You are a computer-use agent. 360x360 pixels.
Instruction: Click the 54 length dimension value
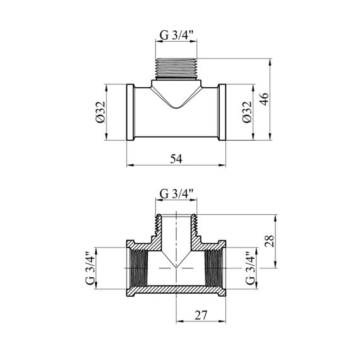pos(176,159)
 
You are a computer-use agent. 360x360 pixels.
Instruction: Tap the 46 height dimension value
pos(265,99)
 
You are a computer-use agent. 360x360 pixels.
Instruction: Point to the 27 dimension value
pos(201,315)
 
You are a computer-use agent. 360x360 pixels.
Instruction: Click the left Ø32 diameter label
pos(100,112)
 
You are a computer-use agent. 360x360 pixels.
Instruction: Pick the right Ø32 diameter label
pos(248,112)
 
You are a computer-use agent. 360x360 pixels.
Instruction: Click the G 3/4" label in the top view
pos(176,35)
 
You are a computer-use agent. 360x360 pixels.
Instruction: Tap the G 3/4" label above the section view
pos(176,195)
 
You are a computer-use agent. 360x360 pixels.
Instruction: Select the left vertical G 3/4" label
pos(90,268)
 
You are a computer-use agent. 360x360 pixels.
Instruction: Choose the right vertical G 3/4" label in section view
pos(250,268)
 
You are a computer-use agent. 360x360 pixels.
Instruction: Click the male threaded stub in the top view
pos(176,68)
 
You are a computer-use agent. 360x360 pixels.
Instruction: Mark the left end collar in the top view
pos(130,112)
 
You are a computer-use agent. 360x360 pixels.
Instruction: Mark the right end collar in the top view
pos(222,112)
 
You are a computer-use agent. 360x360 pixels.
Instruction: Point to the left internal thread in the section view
pos(138,268)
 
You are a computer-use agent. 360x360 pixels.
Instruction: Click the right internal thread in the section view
pos(213,268)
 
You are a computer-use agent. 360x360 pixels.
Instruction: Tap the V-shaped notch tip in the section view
pos(176,268)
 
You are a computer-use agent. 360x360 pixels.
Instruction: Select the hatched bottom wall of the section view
pos(176,290)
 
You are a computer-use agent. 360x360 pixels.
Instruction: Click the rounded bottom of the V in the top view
pos(176,107)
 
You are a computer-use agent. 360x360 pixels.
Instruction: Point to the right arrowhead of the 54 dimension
pos(222,165)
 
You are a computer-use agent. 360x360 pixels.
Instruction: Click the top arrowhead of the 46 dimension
pos(270,62)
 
